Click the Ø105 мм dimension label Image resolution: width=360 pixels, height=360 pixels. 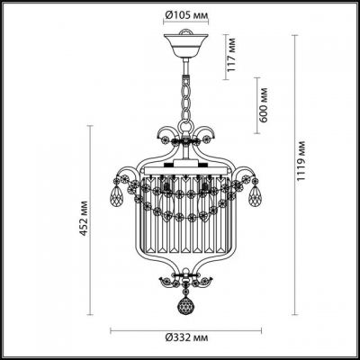point(186,13)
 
